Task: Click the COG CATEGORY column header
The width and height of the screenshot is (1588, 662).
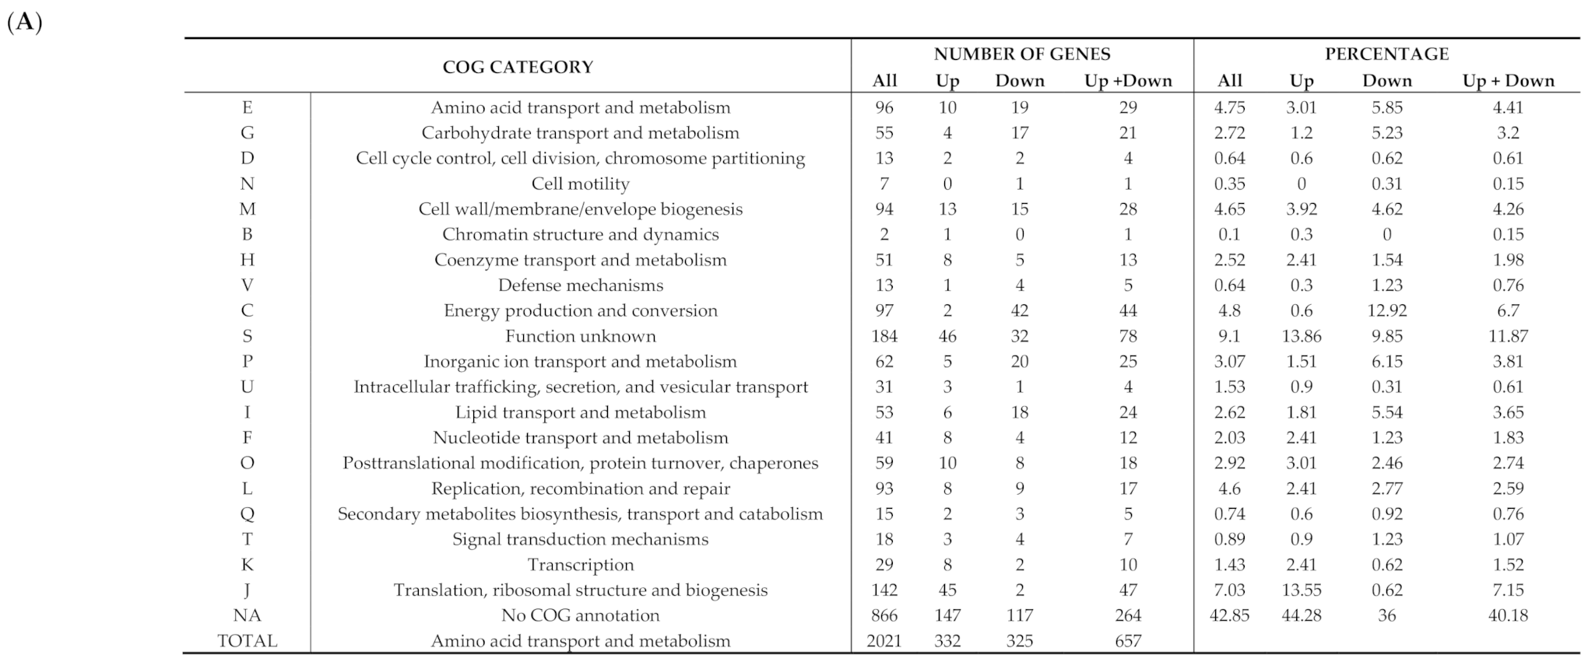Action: [518, 67]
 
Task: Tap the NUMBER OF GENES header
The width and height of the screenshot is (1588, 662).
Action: [1021, 54]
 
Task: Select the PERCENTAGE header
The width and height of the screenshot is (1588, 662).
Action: [1386, 54]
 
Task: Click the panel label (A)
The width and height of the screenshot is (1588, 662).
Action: [24, 22]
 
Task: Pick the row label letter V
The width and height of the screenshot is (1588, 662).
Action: [247, 285]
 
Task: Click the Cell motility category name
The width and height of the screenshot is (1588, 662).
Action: [580, 184]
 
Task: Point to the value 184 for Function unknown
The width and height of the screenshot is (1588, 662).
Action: [884, 336]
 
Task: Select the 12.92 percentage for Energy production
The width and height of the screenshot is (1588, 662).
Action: [1386, 310]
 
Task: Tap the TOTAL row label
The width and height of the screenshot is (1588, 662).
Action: [247, 641]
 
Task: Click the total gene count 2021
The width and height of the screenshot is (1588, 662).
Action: [884, 641]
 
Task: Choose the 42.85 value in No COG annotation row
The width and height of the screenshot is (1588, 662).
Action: [1229, 615]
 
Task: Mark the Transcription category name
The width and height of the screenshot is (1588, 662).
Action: [580, 565]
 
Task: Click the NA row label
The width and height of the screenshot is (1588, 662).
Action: [247, 615]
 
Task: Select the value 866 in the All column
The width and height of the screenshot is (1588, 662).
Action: [884, 615]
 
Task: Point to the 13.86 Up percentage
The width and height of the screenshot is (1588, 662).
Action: [1301, 336]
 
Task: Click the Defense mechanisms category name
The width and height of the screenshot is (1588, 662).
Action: [580, 285]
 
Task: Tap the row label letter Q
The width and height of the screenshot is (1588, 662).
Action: [247, 513]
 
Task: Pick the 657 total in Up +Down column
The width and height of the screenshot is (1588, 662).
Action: [1127, 641]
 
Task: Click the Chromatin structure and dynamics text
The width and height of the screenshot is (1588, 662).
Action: [580, 234]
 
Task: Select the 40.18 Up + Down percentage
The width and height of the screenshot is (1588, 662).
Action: [1507, 615]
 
